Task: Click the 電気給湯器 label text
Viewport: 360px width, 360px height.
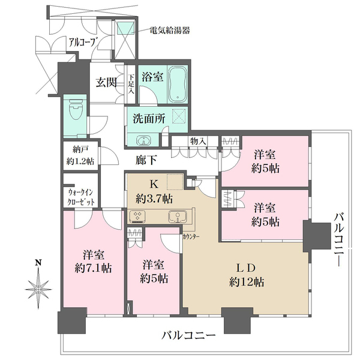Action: (x=170, y=30)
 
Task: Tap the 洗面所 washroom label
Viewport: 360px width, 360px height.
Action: (x=149, y=118)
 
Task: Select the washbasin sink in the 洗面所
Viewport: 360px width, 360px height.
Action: (x=144, y=141)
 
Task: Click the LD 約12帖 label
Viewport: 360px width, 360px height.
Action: (x=245, y=275)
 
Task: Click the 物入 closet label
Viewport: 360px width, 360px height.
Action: (x=199, y=141)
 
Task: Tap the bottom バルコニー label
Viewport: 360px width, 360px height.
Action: (x=188, y=335)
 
